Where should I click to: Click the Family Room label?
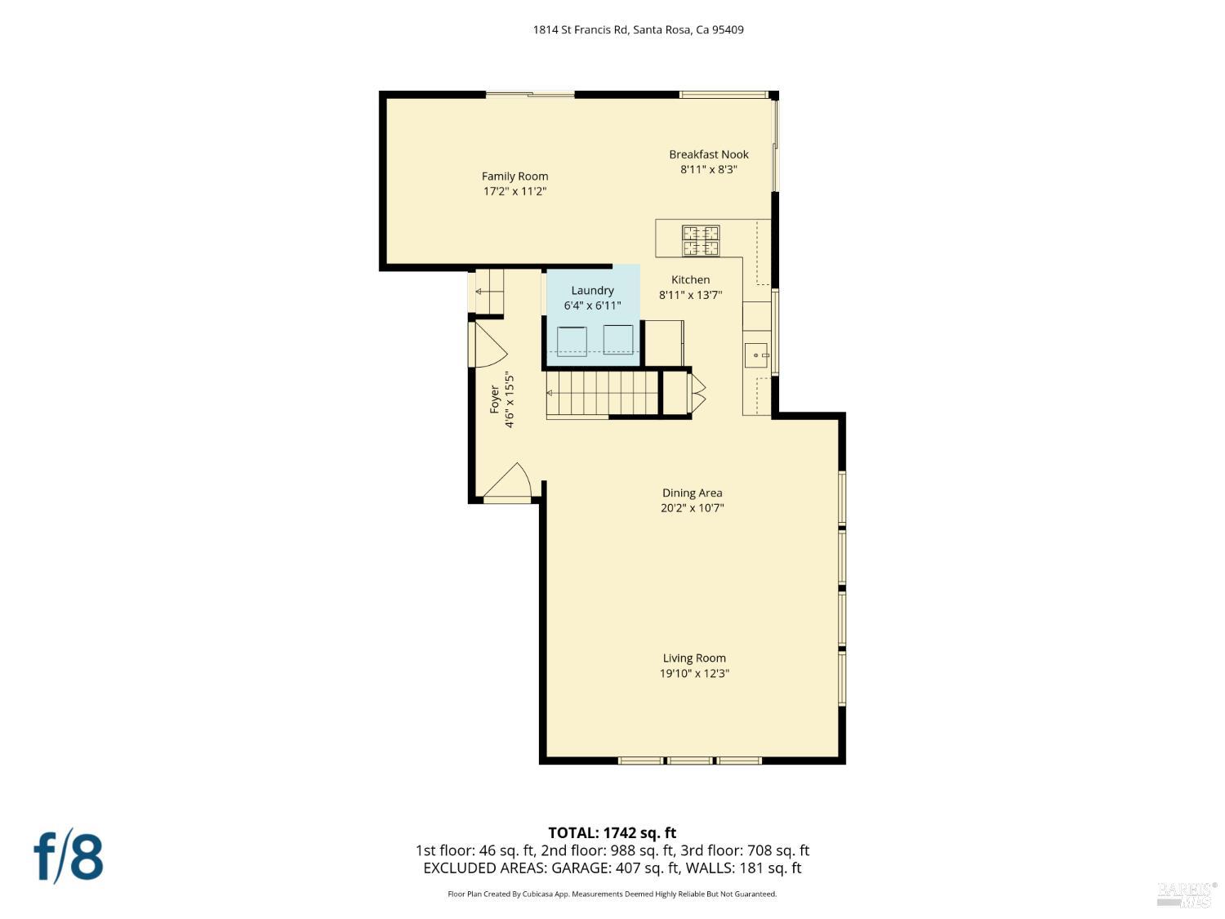(x=514, y=176)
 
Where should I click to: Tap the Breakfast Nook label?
(x=708, y=154)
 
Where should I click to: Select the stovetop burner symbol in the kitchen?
(x=701, y=240)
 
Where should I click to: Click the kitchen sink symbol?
(x=756, y=355)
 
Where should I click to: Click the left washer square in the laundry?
(x=572, y=341)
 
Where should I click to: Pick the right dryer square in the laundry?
(x=618, y=339)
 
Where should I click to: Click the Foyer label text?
(x=494, y=399)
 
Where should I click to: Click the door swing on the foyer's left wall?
(x=487, y=345)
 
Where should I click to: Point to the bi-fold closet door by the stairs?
(x=698, y=393)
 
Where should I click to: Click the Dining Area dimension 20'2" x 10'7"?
(x=692, y=508)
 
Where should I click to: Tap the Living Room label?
(x=694, y=658)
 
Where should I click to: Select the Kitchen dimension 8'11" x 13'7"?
(x=690, y=295)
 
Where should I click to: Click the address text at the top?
(x=638, y=30)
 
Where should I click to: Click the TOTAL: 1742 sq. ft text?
(x=612, y=833)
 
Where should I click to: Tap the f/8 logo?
(x=69, y=856)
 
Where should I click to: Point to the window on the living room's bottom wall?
(x=689, y=761)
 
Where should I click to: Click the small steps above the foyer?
(x=489, y=291)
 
